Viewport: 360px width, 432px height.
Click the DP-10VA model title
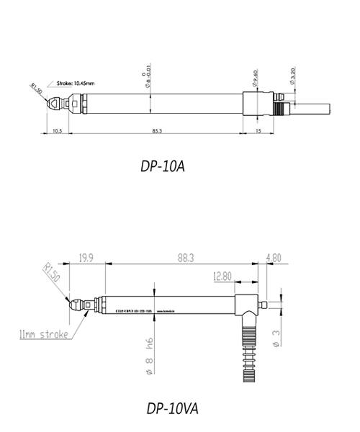[x=172, y=408]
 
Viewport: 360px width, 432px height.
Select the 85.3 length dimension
[x=156, y=130]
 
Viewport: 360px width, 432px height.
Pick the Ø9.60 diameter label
[x=255, y=76]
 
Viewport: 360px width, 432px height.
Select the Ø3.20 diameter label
[x=291, y=78]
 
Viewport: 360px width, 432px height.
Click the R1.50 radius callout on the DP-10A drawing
[x=35, y=88]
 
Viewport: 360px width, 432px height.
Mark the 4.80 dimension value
[x=274, y=256]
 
